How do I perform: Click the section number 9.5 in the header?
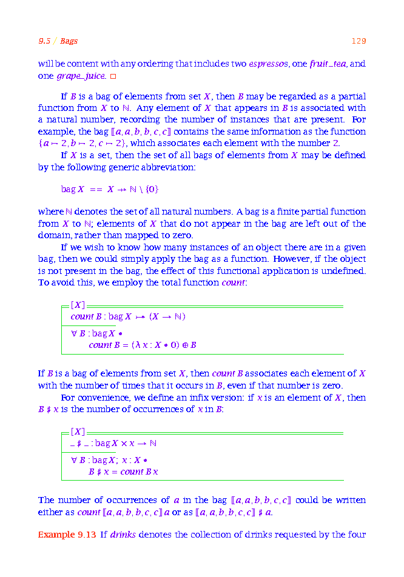click(44, 41)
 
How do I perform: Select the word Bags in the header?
click(69, 41)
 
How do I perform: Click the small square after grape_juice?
click(113, 76)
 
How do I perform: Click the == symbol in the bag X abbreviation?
click(96, 189)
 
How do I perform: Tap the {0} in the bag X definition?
click(152, 189)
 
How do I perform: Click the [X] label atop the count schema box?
click(78, 305)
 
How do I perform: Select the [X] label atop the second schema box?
click(78, 432)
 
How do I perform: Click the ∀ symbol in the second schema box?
click(73, 459)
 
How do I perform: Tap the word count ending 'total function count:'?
click(233, 282)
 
